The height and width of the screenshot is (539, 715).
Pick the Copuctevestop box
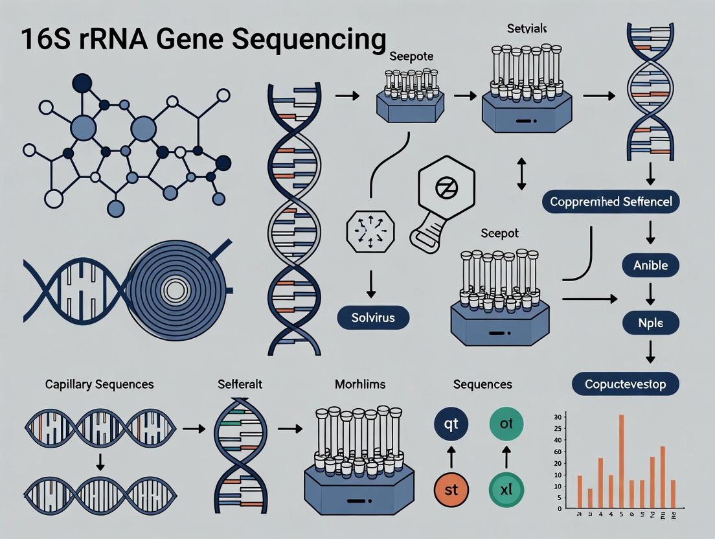(626, 384)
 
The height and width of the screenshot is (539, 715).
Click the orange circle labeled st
(451, 489)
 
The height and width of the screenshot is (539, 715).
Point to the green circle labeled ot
(506, 424)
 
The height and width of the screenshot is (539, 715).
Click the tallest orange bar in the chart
(621, 461)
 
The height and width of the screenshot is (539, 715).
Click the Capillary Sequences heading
(99, 384)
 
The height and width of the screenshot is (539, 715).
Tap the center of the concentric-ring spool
(174, 290)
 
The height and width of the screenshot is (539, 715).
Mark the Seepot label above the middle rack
(500, 233)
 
